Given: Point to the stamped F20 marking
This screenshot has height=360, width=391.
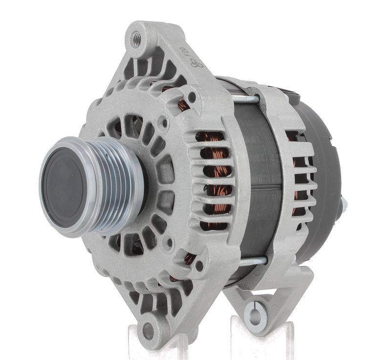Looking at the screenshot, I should [x=185, y=53].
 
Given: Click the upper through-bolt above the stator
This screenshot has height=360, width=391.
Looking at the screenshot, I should [x=244, y=99].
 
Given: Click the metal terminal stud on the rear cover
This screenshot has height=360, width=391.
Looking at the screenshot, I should [x=344, y=205].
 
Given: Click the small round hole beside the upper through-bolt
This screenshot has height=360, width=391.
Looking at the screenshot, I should [x=192, y=96].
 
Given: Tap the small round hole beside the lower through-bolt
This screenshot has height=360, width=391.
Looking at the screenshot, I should [x=198, y=266].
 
